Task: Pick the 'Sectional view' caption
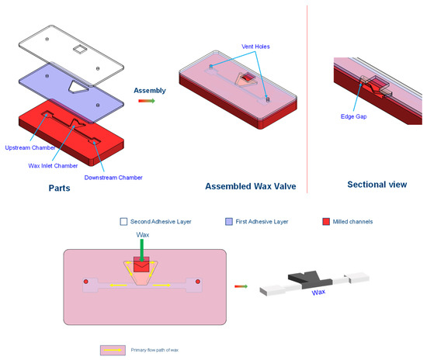376,185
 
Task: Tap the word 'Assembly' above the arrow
150,91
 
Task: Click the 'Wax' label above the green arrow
142,234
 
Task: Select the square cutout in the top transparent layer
80,50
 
